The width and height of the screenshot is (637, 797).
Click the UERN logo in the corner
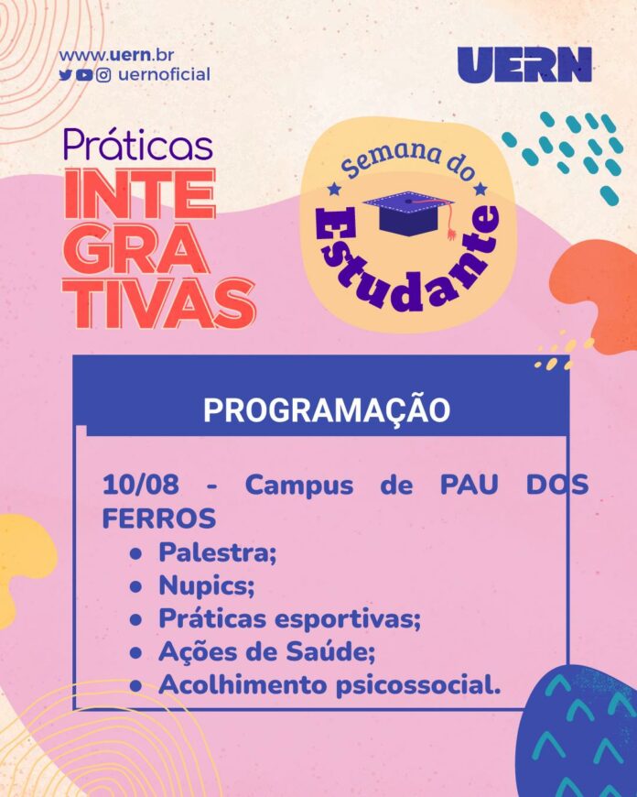click(x=524, y=64)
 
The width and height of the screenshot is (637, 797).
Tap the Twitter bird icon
click(x=66, y=75)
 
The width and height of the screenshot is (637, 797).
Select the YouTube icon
click(x=84, y=75)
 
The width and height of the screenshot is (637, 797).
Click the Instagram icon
click(x=103, y=75)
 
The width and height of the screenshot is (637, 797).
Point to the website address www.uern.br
click(x=116, y=55)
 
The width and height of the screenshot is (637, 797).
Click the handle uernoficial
click(x=164, y=75)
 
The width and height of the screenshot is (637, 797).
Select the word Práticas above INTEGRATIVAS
click(x=138, y=146)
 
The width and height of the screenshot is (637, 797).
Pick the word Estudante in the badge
click(x=406, y=265)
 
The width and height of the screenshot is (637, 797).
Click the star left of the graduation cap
click(x=333, y=189)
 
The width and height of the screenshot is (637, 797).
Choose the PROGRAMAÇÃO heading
click(x=327, y=409)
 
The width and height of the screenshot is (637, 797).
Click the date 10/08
click(x=141, y=485)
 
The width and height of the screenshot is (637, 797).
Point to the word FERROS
click(x=159, y=518)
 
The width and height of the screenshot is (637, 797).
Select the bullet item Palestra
click(x=218, y=552)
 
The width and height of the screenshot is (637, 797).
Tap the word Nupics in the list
click(x=206, y=586)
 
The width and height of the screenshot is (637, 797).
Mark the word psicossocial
click(x=417, y=685)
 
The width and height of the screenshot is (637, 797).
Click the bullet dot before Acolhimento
click(x=135, y=686)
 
